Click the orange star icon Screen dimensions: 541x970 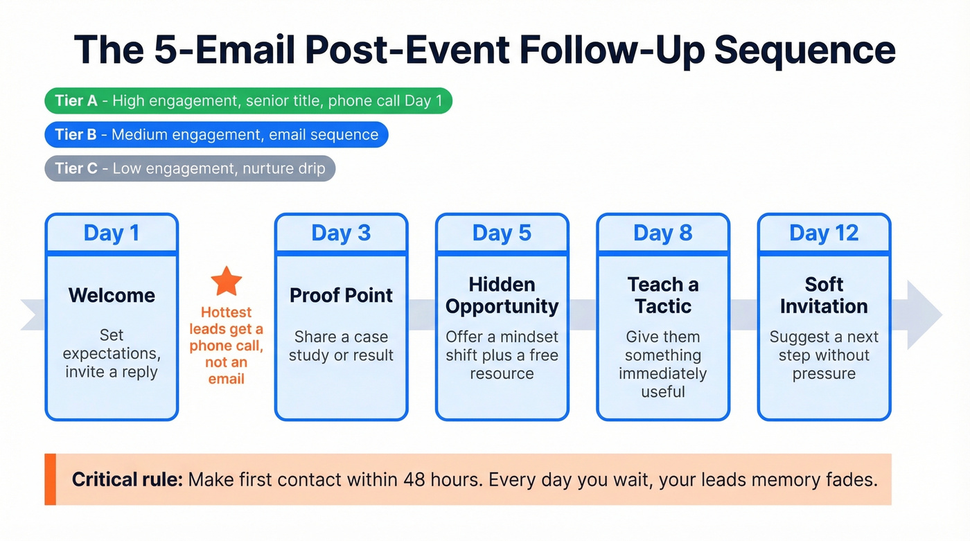click(227, 281)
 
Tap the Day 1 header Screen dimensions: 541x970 click(112, 233)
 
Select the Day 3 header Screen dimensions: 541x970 click(341, 233)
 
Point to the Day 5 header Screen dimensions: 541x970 click(502, 233)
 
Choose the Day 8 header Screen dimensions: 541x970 click(662, 233)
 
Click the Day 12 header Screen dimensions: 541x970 click(824, 233)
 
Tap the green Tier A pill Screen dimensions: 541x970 click(248, 101)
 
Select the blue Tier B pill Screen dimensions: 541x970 click(216, 134)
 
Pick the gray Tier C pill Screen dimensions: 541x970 click(190, 168)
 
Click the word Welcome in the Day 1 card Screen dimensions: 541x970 click(112, 295)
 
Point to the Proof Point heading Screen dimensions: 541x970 click(341, 295)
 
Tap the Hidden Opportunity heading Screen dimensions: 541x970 click(502, 295)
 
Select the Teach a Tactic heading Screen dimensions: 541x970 click(662, 295)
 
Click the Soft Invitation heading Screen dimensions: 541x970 click(824, 295)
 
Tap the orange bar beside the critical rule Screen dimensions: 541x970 click(50, 479)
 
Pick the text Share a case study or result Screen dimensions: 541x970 click(341, 346)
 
